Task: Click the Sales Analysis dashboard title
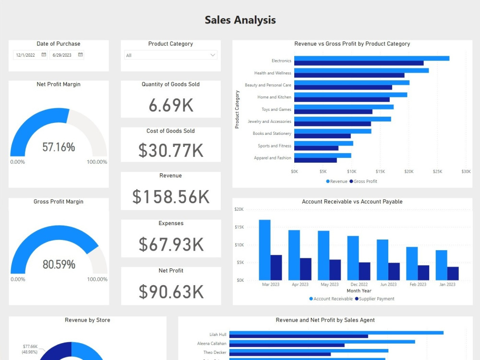240,20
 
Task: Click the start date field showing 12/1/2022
26,55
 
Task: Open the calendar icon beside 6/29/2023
80,55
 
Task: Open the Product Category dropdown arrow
213,55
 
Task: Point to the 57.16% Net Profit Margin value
59,147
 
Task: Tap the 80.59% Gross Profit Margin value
59,264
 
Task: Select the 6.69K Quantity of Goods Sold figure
171,105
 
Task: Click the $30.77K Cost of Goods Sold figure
171,151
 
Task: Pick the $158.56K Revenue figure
171,197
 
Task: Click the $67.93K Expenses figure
171,244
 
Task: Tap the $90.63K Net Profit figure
171,291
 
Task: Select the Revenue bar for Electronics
372,58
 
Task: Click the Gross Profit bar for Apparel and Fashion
315,160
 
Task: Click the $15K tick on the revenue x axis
380,171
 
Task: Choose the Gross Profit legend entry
363,181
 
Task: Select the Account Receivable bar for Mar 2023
264,250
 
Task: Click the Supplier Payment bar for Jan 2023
453,273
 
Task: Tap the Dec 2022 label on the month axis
359,285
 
